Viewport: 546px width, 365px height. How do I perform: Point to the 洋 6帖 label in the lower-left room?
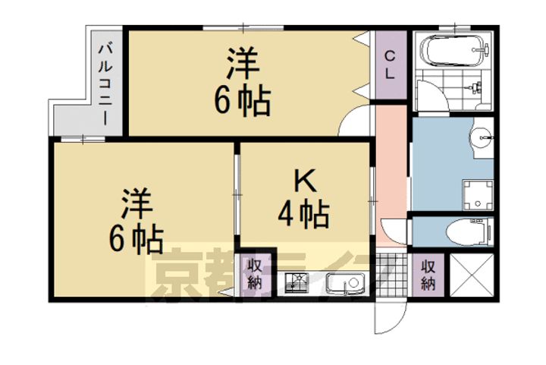(136, 221)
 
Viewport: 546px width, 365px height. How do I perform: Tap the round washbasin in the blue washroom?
(482, 139)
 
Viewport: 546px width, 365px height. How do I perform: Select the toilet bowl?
(466, 231)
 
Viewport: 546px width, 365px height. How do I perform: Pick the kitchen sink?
(344, 285)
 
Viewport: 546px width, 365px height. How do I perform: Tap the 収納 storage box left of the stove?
(254, 275)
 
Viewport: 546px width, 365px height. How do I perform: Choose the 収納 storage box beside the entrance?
(429, 275)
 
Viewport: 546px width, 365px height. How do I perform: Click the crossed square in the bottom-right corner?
(471, 275)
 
